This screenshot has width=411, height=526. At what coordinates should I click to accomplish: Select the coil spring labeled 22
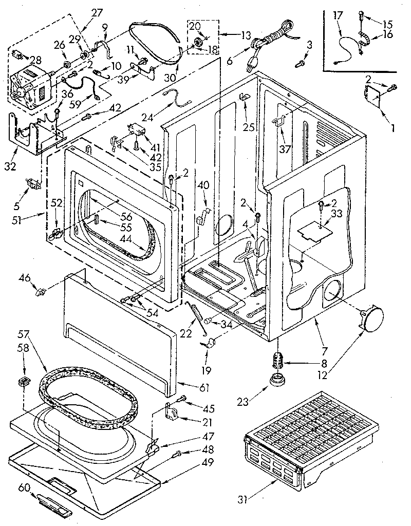coord(198,319)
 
